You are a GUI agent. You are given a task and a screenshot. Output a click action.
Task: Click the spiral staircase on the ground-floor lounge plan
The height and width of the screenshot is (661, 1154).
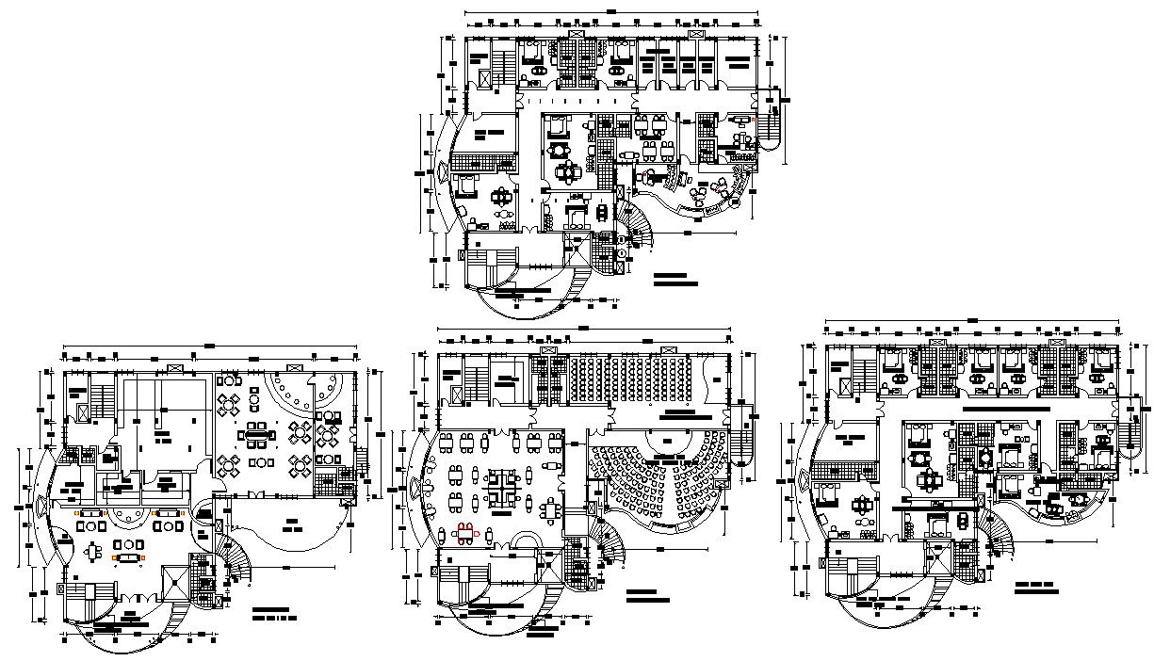[x=234, y=562]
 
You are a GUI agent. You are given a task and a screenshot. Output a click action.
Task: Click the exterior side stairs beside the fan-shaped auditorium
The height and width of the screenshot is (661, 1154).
[x=743, y=437]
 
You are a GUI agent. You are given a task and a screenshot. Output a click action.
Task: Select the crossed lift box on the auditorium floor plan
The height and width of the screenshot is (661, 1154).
[x=456, y=395]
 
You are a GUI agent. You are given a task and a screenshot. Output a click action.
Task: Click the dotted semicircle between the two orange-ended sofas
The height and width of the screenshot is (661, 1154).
[x=122, y=515]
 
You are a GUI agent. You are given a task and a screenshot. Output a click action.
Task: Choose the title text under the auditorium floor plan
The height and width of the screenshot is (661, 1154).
[x=646, y=595]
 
